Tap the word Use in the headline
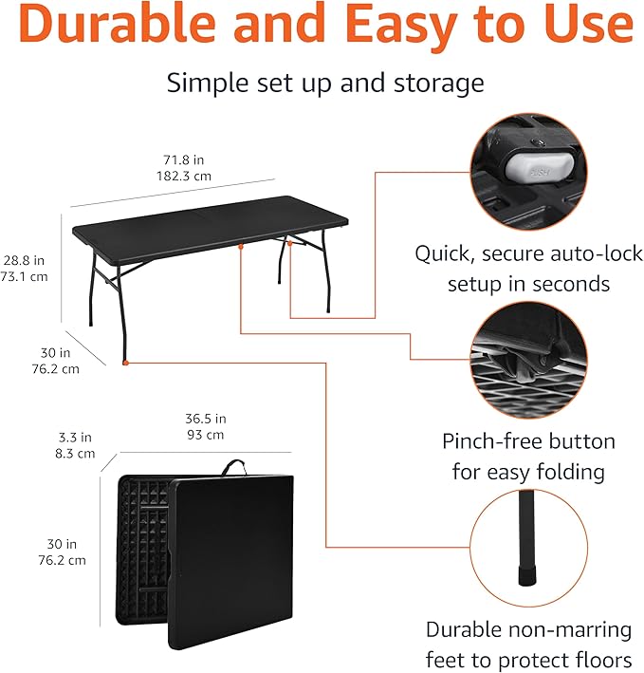tap(583, 26)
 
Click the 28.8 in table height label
tap(24, 260)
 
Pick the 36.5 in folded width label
tap(206, 419)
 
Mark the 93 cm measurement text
tap(206, 435)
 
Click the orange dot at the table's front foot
tap(125, 361)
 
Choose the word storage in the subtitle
tap(435, 83)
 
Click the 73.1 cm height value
tap(24, 276)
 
